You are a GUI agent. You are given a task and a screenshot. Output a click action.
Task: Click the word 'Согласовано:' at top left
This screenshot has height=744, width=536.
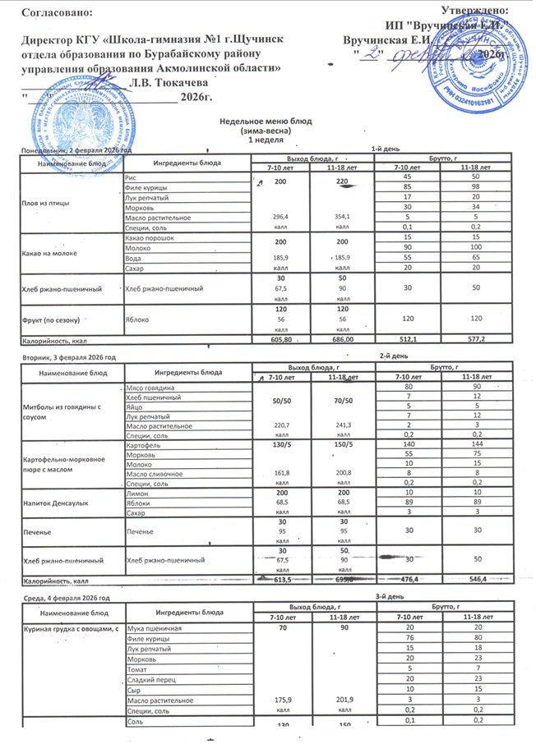click(x=53, y=11)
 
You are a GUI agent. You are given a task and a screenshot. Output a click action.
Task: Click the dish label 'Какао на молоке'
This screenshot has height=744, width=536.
click(x=53, y=253)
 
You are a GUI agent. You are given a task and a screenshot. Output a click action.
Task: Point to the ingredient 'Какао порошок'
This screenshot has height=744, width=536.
click(x=147, y=237)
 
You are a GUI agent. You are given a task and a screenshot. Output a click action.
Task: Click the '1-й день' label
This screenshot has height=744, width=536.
click(x=386, y=149)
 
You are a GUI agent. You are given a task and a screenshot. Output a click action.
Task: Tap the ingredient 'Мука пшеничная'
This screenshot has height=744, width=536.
click(x=154, y=628)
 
